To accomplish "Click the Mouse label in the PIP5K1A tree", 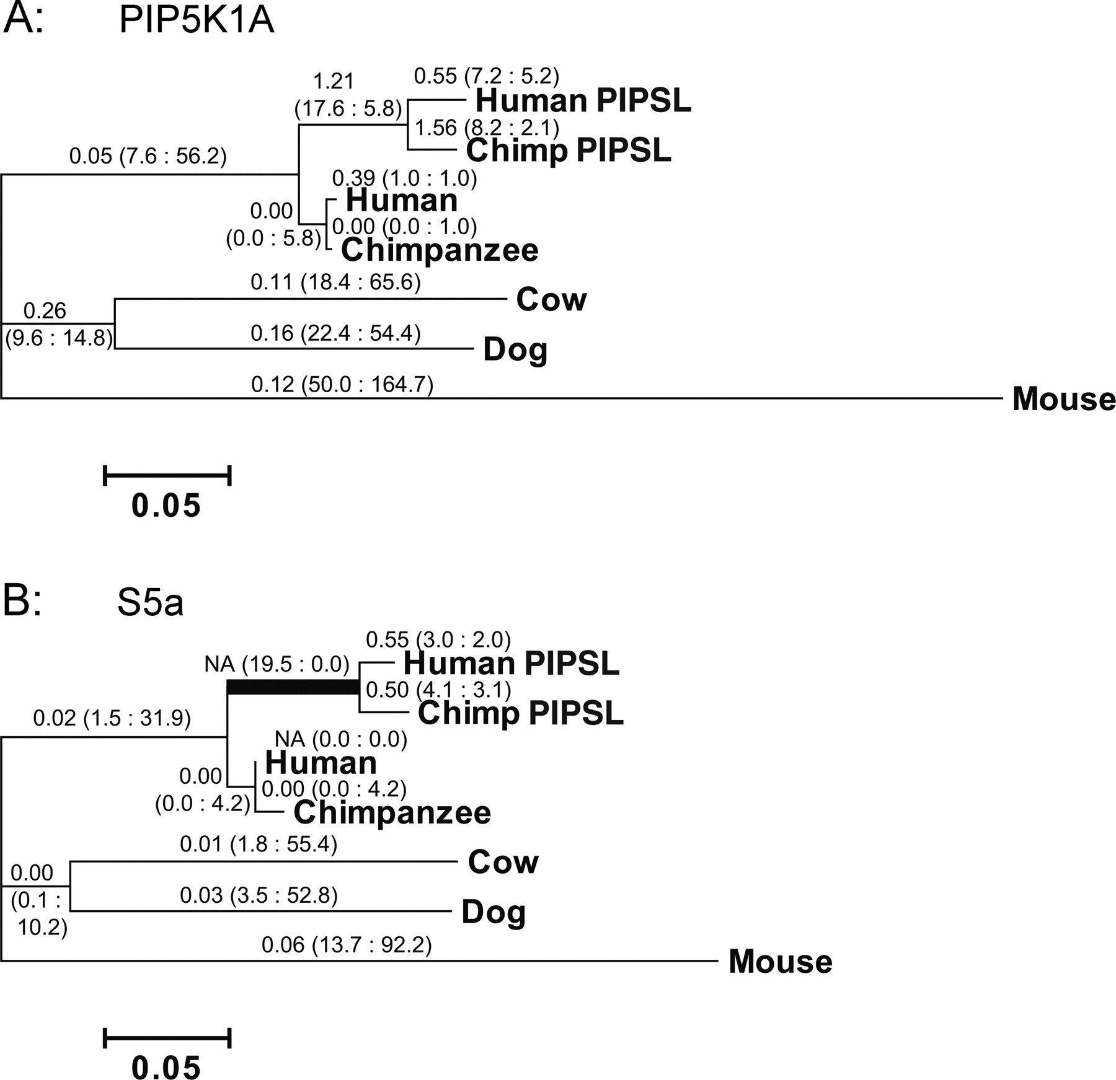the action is point(1064,399).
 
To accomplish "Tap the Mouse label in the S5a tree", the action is point(781,962).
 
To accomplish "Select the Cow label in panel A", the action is point(551,299).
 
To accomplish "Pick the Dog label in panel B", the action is point(494,912).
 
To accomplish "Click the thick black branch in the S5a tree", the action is point(293,687).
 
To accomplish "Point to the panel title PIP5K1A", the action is point(197,22).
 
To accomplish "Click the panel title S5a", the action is point(151,604).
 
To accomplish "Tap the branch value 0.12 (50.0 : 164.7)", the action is point(342,385).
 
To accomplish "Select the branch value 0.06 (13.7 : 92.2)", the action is point(347,945).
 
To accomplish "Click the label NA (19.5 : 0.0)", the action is point(277,665).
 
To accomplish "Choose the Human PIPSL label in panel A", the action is point(583,100).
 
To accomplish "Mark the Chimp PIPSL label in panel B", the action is point(521,713).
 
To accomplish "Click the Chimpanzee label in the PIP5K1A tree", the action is point(440,250).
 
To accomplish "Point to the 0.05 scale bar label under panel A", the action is point(166,506).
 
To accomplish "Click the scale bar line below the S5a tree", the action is point(167,1038).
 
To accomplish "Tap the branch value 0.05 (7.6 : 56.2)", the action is point(148,156).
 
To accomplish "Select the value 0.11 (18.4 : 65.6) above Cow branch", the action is point(335,283).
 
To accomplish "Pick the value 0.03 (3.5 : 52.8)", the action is point(259,895).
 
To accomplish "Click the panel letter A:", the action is point(24,20).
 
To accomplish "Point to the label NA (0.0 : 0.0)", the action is point(341,739).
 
